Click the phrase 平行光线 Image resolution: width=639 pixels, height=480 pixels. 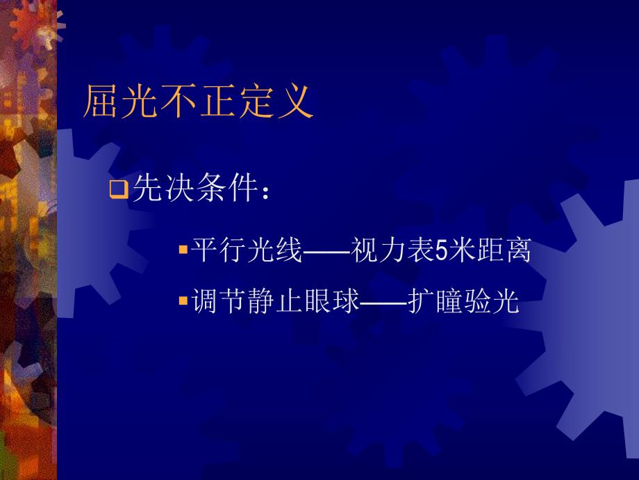247,250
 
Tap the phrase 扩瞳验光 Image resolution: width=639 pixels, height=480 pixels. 463,302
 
